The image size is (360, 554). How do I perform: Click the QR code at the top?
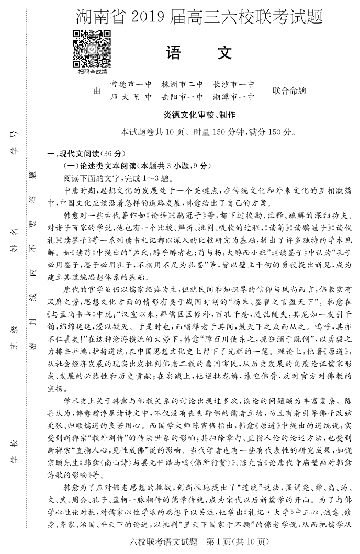pyautogui.click(x=92, y=49)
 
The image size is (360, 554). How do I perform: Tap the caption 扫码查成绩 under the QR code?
pyautogui.click(x=92, y=72)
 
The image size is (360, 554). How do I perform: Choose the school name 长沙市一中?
pyautogui.click(x=234, y=84)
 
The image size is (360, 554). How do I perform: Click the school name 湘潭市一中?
pyautogui.click(x=234, y=97)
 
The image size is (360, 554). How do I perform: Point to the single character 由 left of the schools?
pyautogui.click(x=96, y=91)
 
